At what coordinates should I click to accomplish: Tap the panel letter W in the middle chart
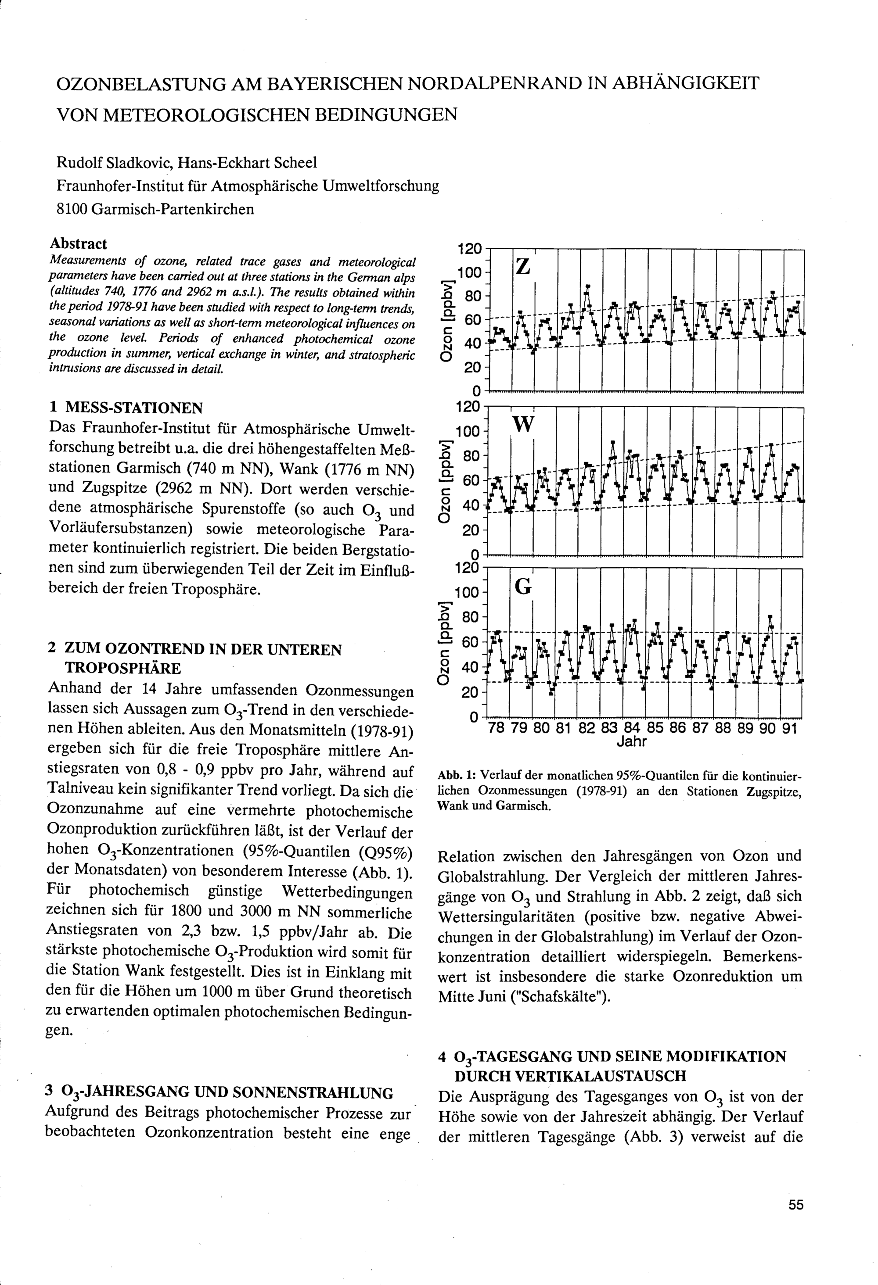tap(523, 425)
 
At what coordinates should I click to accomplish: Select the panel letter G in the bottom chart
tap(523, 586)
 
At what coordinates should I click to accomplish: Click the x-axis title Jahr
tap(631, 741)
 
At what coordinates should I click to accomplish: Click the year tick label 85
tap(654, 728)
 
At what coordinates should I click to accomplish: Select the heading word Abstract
tap(79, 244)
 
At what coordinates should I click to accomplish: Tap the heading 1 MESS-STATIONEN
tap(126, 408)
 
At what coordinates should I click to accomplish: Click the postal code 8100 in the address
tap(72, 210)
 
